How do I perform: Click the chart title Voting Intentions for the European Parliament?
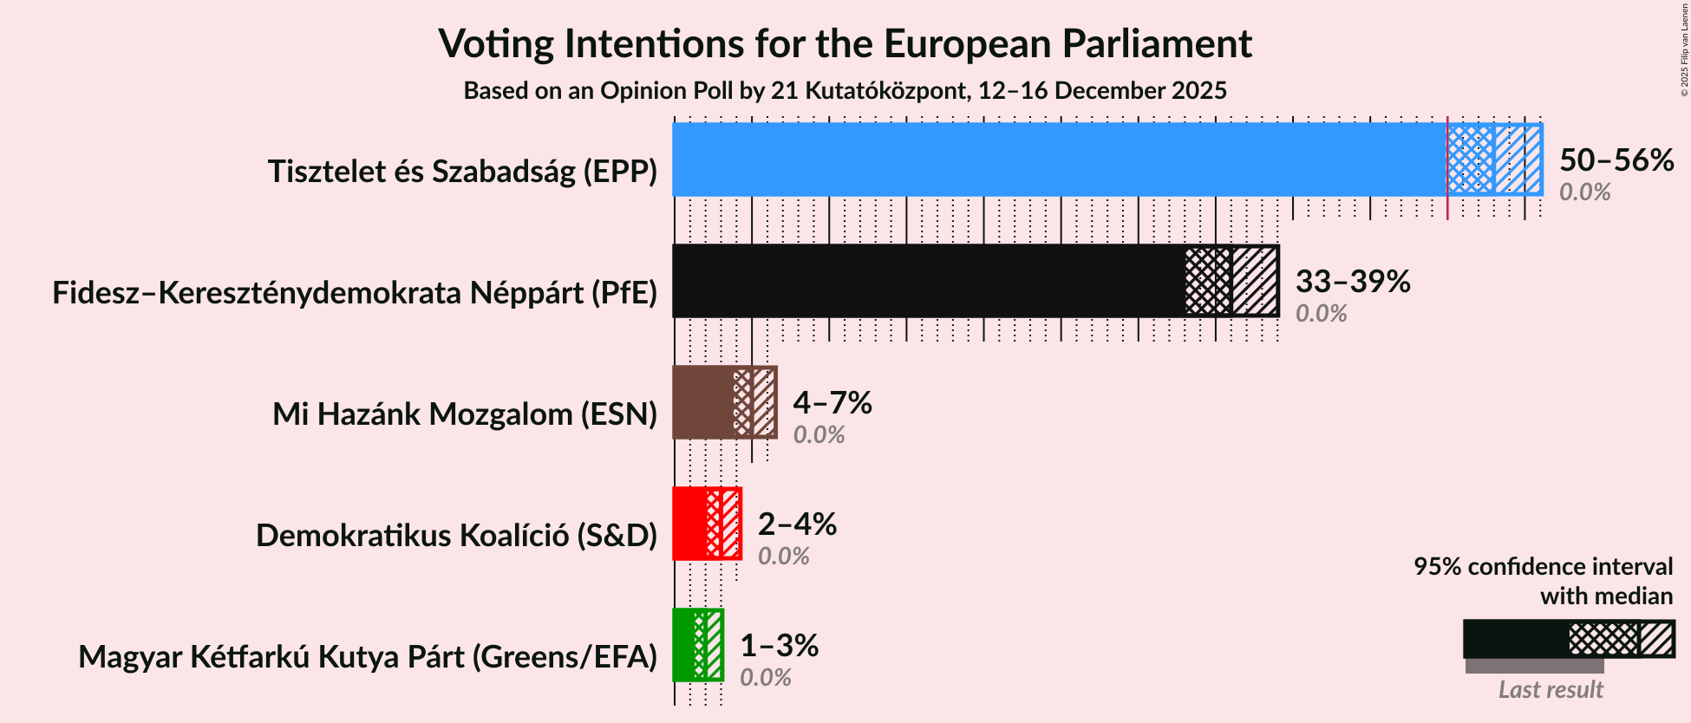[x=845, y=43]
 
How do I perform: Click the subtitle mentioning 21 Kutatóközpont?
[x=845, y=91]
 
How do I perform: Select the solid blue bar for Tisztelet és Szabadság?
[x=1058, y=160]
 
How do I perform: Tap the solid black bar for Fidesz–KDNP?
[x=928, y=281]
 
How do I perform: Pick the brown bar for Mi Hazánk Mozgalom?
[x=702, y=402]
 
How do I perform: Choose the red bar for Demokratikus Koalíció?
[x=689, y=524]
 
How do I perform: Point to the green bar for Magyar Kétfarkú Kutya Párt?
[x=683, y=645]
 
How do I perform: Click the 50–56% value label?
[x=1616, y=160]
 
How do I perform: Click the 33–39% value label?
[x=1352, y=282]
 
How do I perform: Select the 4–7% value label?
[x=832, y=403]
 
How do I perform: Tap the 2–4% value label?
[x=796, y=524]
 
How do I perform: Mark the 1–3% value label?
[x=778, y=646]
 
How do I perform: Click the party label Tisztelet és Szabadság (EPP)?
[x=462, y=172]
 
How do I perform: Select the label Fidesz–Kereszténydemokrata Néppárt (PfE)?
[x=355, y=293]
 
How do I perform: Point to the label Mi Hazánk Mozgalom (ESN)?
[x=465, y=414]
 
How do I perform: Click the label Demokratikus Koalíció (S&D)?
[x=456, y=536]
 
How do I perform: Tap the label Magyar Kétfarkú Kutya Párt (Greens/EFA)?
[x=368, y=657]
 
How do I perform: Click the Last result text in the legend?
[x=1551, y=690]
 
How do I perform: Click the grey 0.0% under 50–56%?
[x=1584, y=192]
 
